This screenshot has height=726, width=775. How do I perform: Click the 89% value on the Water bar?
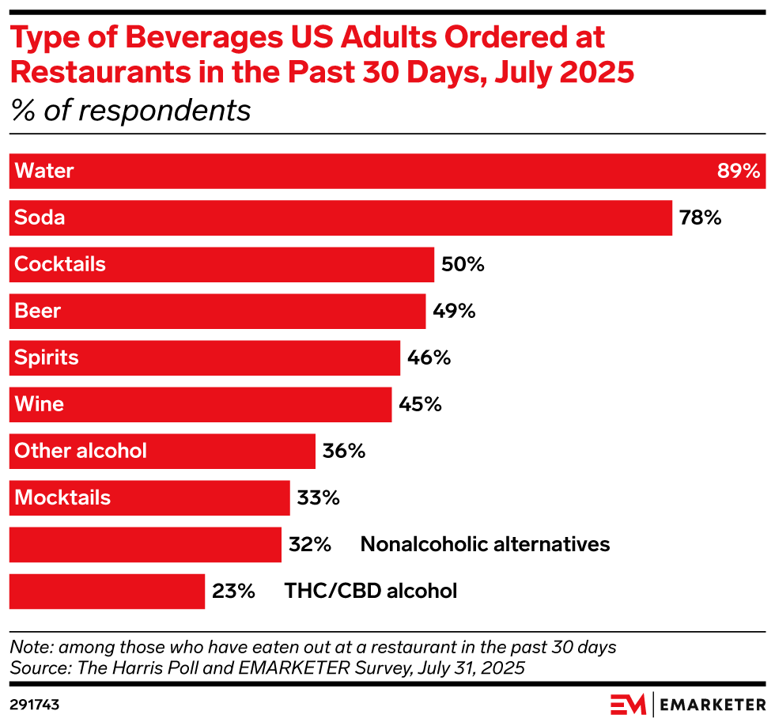738,171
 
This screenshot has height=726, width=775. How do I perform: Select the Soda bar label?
40,217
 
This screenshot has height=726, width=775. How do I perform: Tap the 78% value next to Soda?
700,217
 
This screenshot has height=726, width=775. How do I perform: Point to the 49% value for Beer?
454,311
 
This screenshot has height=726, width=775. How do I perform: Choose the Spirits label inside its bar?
47,357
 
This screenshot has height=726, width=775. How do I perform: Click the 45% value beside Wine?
420,404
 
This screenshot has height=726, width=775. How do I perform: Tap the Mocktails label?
62,497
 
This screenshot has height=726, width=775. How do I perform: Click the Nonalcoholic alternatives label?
485,544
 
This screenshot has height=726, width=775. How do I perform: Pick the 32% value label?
309,544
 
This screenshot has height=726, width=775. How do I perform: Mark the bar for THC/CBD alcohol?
107,591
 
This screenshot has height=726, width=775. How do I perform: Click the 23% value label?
233,591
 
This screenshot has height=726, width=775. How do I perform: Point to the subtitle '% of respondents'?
130,111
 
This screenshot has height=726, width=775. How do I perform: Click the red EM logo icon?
628,704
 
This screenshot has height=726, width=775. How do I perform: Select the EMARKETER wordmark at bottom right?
712,704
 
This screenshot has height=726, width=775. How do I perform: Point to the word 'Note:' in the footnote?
31,647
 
